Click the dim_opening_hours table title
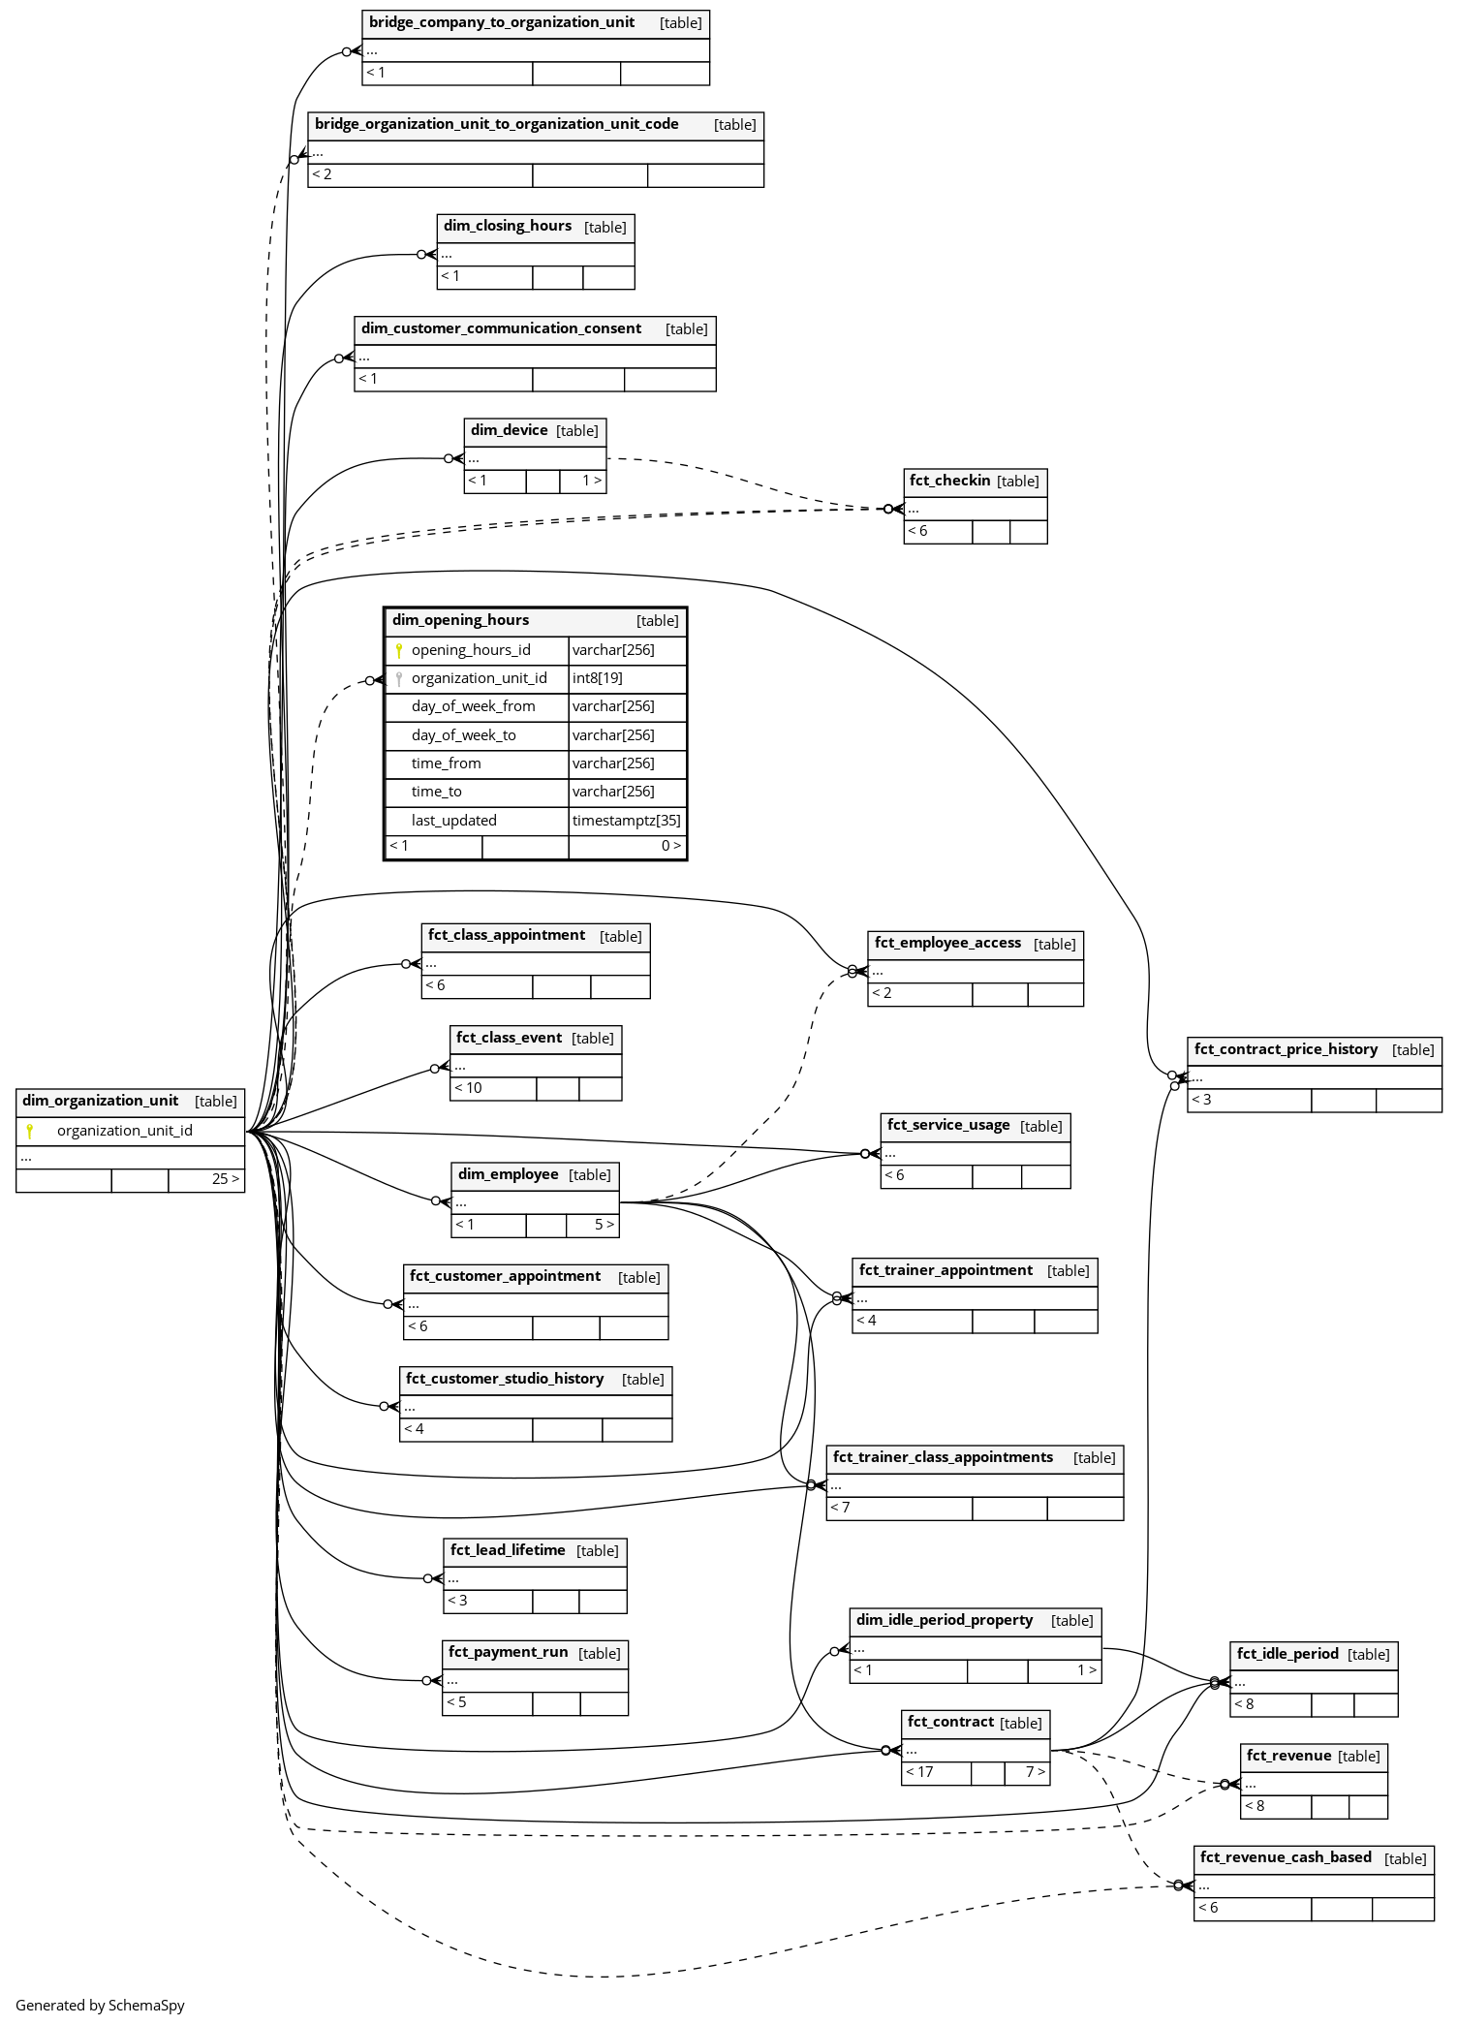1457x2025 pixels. [x=460, y=620]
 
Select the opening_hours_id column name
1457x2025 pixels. [x=471, y=650]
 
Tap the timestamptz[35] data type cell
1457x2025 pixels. [x=626, y=821]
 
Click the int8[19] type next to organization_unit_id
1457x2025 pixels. [x=597, y=678]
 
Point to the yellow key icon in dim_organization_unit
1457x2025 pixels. [x=30, y=1131]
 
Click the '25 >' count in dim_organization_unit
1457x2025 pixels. [x=225, y=1179]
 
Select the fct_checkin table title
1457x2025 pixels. [x=949, y=481]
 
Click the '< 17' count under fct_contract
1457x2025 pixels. [x=919, y=1772]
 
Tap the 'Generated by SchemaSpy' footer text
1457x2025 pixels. [x=100, y=2006]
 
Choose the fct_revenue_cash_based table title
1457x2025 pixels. [x=1285, y=1857]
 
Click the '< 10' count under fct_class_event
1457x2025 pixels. [x=468, y=1088]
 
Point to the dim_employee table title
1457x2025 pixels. [x=508, y=1174]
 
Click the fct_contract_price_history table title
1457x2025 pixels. [x=1286, y=1049]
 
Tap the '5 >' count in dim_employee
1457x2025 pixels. [x=604, y=1225]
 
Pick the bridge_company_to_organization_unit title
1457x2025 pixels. [x=502, y=22]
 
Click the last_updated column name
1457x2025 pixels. [x=453, y=821]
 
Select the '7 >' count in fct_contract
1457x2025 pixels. [x=1035, y=1772]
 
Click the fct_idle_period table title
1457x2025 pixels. [x=1287, y=1654]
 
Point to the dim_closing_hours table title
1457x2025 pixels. [x=508, y=226]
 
